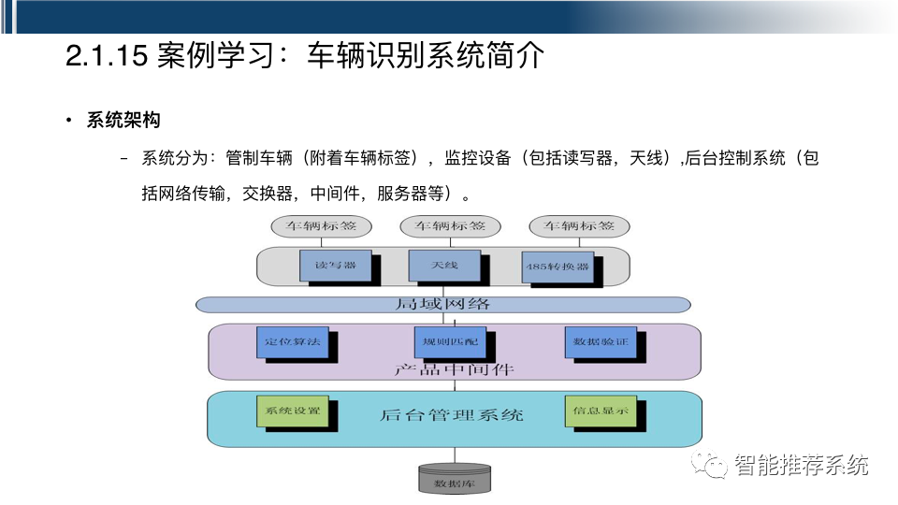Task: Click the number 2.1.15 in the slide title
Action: tap(107, 56)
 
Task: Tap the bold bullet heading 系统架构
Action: tap(123, 121)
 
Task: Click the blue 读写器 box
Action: tap(336, 266)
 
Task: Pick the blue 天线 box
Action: tap(444, 266)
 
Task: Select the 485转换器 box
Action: tap(558, 267)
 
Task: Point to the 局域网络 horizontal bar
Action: tap(442, 305)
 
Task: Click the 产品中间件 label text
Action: tap(455, 369)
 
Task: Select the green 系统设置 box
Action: tap(292, 411)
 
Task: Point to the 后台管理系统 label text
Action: tap(452, 414)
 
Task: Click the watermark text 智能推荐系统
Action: tap(802, 465)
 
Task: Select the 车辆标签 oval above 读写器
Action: tap(321, 226)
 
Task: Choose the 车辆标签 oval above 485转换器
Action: tap(579, 226)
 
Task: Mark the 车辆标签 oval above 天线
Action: tap(450, 226)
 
